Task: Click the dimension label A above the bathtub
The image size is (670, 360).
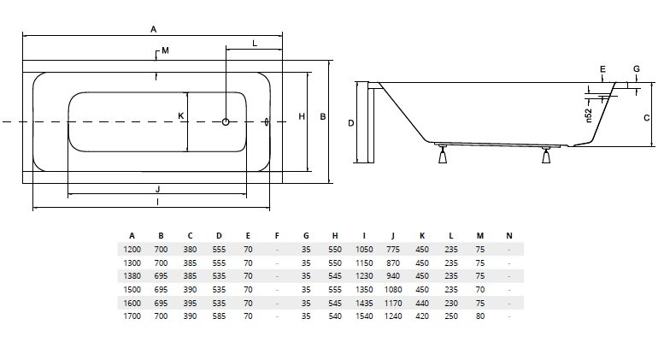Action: [154, 28]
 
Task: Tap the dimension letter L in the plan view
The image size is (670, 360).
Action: [255, 43]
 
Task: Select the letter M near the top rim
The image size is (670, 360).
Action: [165, 51]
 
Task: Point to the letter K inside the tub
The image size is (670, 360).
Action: [180, 116]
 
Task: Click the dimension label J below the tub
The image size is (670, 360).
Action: [158, 188]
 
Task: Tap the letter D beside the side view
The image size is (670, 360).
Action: [351, 122]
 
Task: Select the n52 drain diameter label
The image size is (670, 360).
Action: [589, 114]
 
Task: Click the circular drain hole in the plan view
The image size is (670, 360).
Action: [226, 121]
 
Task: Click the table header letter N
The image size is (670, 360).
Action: [509, 236]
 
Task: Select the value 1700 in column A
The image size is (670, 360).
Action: [132, 316]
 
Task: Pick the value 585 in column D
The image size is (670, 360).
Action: [219, 316]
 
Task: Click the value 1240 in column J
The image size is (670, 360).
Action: [393, 316]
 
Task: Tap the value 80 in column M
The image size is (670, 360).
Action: [480, 316]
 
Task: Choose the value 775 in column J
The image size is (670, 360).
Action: [393, 249]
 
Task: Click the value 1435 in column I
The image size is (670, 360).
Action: [364, 302]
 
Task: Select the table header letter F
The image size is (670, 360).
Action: [277, 236]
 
